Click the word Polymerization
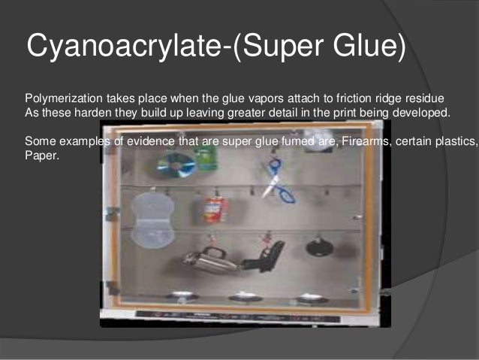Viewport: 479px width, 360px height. pyautogui.click(x=60, y=100)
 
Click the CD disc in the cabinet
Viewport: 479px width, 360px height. pyautogui.click(x=176, y=165)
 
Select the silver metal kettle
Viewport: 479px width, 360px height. pyautogui.click(x=207, y=260)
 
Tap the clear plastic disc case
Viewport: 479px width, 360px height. pyautogui.click(x=152, y=219)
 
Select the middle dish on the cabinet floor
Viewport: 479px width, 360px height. pyautogui.click(x=246, y=297)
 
